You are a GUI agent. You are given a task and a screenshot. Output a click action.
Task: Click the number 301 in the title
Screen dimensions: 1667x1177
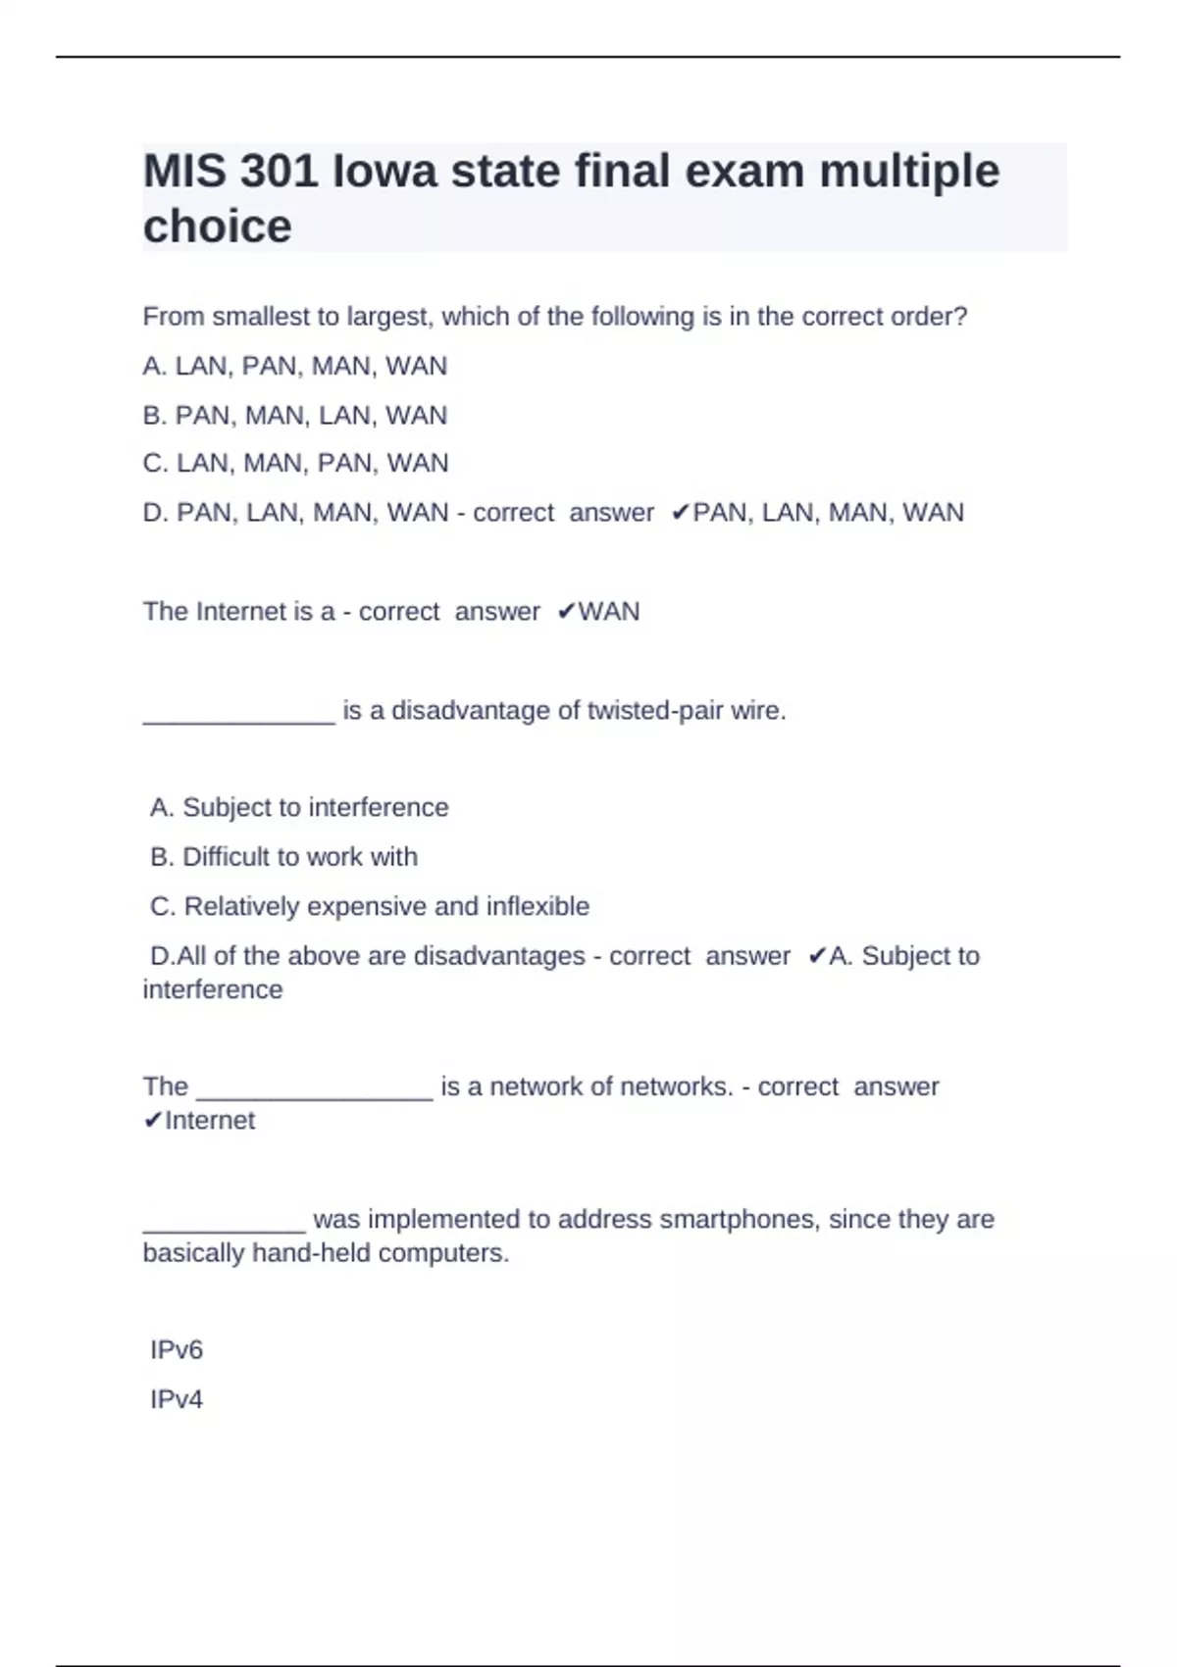279,172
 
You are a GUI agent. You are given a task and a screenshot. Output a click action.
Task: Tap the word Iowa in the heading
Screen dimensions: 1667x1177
384,172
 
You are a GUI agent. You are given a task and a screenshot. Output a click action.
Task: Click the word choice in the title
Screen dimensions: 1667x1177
217,227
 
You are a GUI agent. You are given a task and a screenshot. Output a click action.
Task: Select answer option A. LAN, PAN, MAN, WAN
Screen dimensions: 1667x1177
294,366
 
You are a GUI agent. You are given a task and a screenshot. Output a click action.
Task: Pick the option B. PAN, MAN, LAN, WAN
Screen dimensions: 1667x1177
294,416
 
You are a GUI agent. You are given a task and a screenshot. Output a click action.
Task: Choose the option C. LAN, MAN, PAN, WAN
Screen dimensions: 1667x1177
295,463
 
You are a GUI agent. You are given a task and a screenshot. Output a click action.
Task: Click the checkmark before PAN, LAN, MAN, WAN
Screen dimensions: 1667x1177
680,513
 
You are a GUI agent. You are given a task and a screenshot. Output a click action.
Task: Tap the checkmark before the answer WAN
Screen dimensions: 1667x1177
566,612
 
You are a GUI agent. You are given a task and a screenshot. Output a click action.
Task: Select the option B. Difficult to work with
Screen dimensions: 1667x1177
283,857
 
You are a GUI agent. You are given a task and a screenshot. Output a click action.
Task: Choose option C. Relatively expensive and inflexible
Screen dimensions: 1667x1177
370,906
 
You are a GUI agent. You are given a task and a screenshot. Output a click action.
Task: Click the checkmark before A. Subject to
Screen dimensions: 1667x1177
816,956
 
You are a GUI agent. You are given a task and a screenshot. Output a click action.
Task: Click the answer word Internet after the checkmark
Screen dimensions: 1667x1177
210,1121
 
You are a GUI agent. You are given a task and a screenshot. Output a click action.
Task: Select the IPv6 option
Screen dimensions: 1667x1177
177,1350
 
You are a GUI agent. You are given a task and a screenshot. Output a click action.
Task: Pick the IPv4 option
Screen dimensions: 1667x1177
177,1399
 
